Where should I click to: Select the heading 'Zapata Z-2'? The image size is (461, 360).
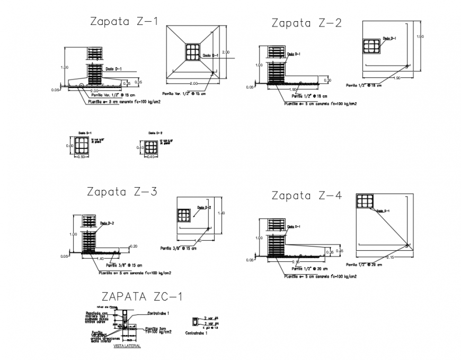(306, 23)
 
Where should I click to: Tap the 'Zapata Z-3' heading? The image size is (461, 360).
(122, 192)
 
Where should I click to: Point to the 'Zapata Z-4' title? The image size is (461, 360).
(306, 195)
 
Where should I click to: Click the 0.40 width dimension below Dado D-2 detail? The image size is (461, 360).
(150, 157)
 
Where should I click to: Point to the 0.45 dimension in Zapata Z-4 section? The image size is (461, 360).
(340, 250)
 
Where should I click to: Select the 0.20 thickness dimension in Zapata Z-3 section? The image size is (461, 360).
(134, 247)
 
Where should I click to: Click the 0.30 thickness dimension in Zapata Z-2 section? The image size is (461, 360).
(327, 80)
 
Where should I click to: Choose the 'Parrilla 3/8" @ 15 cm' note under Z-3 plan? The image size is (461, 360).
(178, 248)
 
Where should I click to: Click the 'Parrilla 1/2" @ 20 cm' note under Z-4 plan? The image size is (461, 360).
(365, 264)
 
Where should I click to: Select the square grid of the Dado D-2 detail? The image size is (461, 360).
(150, 146)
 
